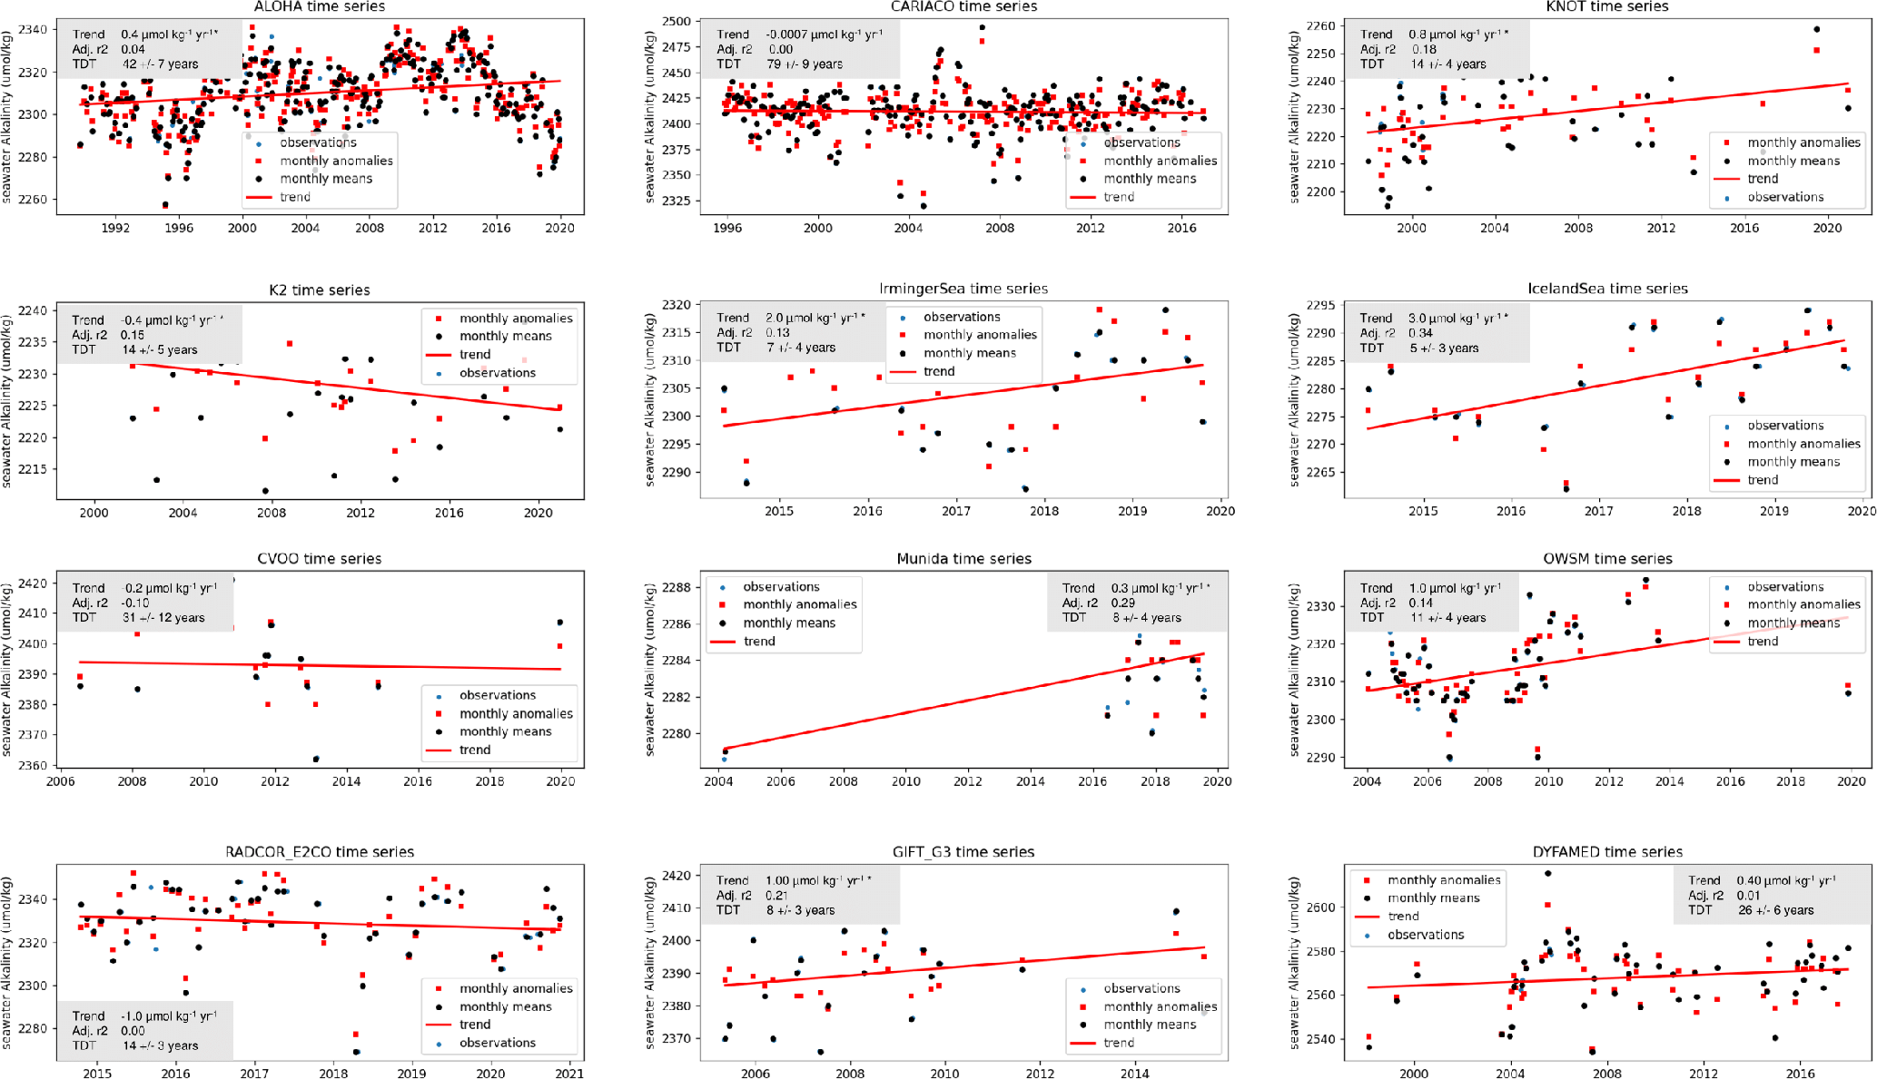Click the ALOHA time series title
320,7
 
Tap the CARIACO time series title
963,7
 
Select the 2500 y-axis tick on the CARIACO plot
677,21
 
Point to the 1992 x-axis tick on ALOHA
115,228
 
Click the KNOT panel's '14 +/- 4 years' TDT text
1448,64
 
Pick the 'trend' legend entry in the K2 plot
474,355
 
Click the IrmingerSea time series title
963,289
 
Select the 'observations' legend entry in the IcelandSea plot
1785,426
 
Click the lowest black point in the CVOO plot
316,759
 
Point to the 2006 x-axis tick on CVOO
61,781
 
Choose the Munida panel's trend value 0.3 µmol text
1161,588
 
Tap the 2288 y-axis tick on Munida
677,587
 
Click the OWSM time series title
1607,559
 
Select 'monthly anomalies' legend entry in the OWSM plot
1803,604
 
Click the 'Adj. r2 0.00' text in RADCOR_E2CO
109,1031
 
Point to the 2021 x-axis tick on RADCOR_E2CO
569,1074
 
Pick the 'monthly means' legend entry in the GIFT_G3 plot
1150,1025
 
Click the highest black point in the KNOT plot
1816,29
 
